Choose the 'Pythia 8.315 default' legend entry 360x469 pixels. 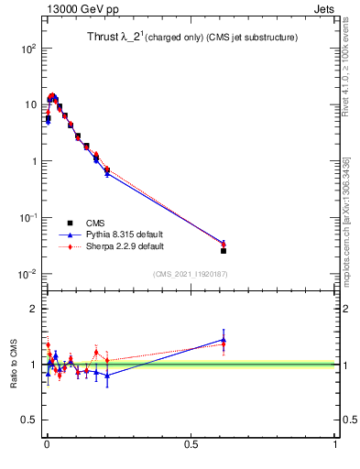[x=125, y=234]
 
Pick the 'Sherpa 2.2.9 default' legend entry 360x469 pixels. [x=125, y=246]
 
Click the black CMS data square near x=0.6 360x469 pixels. [x=224, y=250]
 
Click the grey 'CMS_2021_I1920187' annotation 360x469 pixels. [x=190, y=274]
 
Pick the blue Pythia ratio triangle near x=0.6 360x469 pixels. [x=224, y=339]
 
